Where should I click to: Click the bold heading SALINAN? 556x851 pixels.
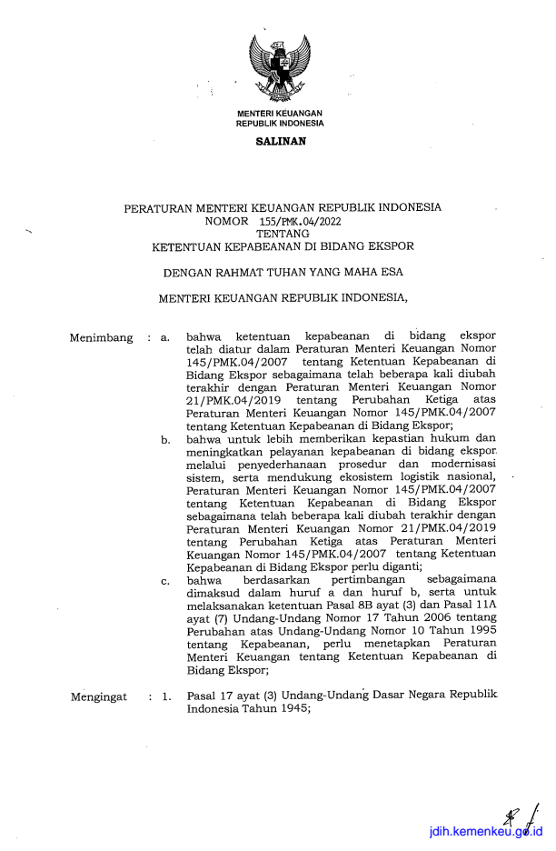point(280,141)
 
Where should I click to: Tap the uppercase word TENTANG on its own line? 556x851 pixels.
point(283,233)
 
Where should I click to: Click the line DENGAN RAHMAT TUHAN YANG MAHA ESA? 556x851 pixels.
point(283,271)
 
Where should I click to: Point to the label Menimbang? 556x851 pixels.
point(101,338)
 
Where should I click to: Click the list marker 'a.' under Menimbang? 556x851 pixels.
point(165,338)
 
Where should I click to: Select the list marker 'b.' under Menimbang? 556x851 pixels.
point(165,441)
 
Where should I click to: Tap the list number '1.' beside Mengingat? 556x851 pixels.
point(166,696)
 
